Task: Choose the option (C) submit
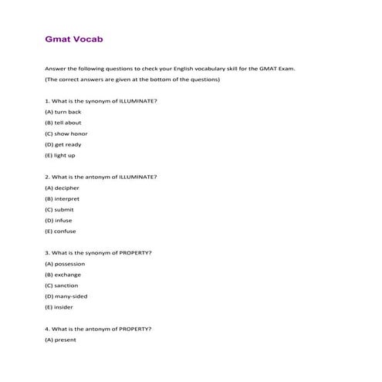click(59, 209)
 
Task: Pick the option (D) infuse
click(59, 220)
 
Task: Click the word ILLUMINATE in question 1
click(137, 101)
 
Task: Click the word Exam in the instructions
click(286, 69)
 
